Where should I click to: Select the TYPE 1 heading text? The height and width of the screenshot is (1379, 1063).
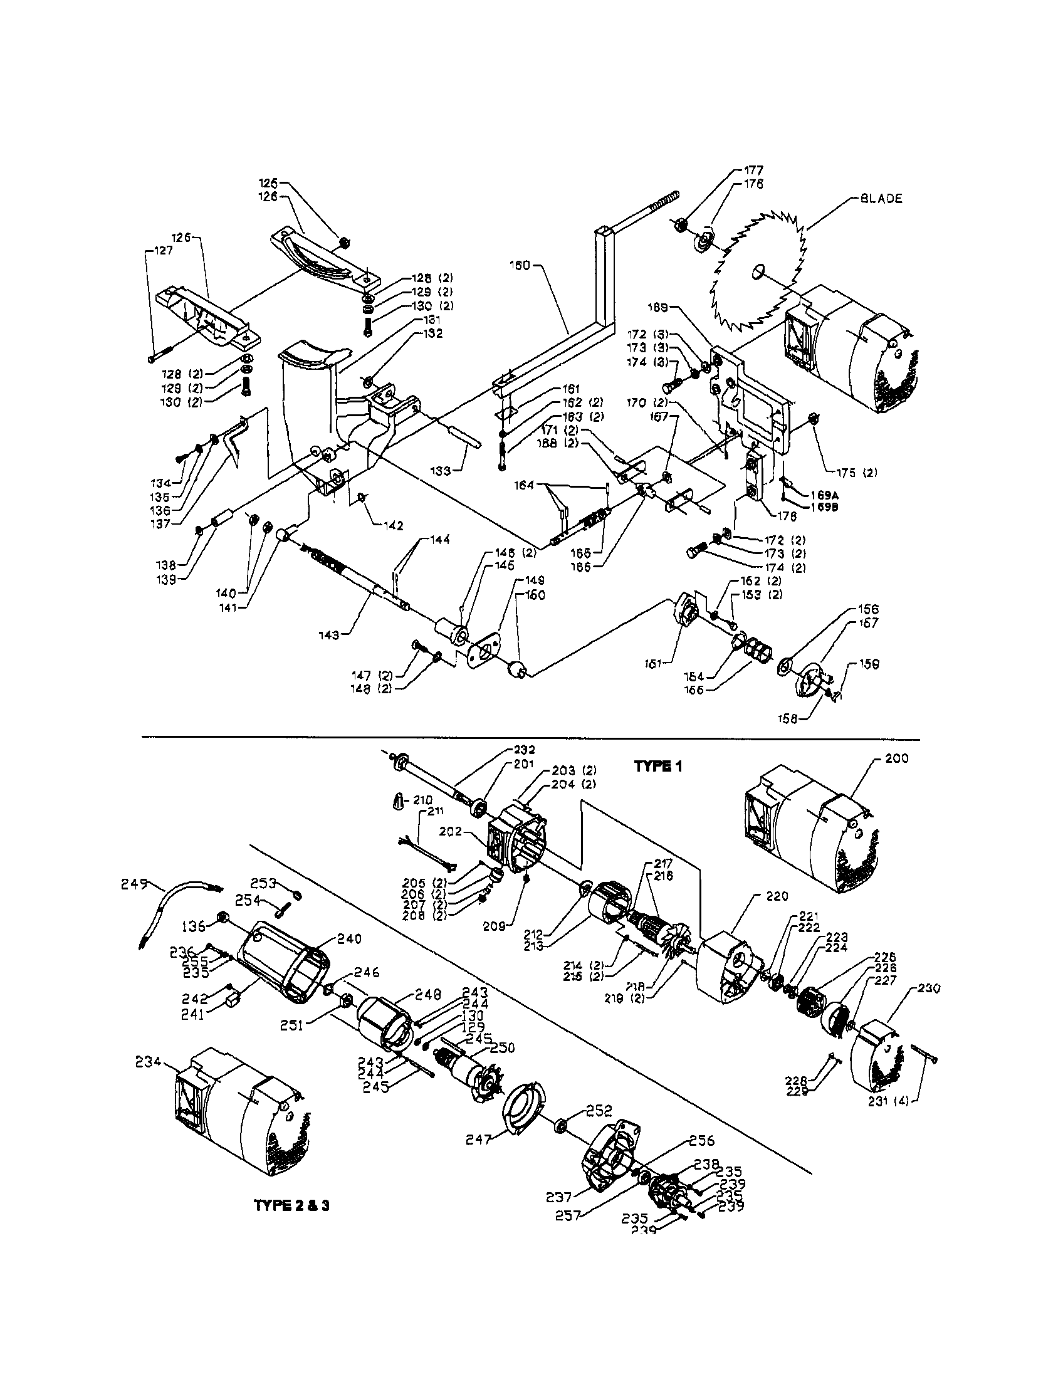[x=657, y=766]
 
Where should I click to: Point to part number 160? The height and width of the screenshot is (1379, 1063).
[x=520, y=265]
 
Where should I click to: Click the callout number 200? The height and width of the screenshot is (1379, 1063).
[x=896, y=758]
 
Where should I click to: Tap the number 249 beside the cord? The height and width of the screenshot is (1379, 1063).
[x=134, y=884]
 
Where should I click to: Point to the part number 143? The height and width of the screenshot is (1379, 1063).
[x=330, y=634]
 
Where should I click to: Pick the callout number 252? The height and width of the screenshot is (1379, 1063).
[x=599, y=1111]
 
